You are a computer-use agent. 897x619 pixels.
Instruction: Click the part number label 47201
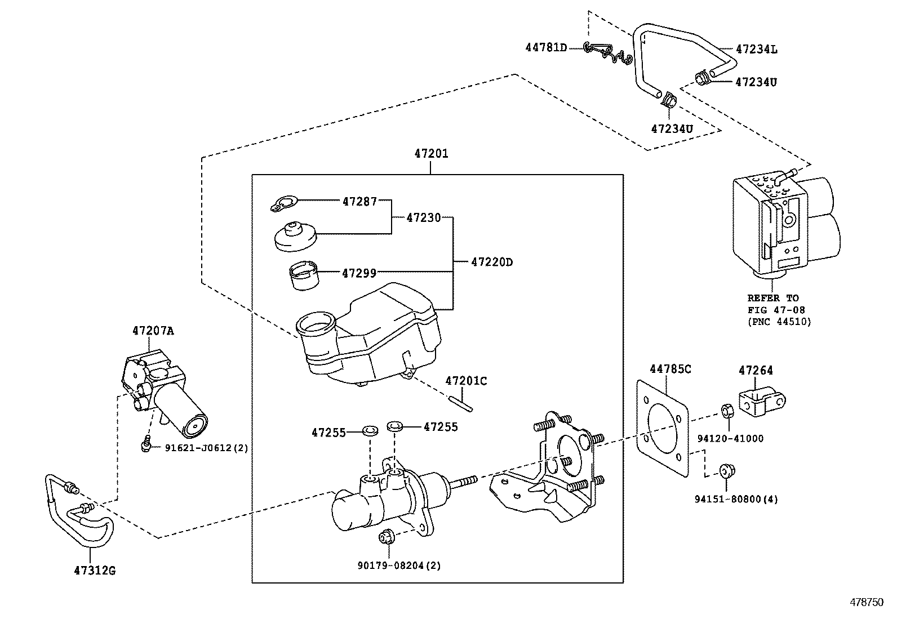(x=431, y=153)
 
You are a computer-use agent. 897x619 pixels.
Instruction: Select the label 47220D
(x=491, y=262)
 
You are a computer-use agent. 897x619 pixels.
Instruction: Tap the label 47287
(x=359, y=201)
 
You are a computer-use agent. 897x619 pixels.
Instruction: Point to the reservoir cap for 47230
(x=295, y=236)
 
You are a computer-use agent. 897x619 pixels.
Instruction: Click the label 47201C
(x=466, y=381)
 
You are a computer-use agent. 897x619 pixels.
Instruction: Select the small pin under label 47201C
(x=462, y=404)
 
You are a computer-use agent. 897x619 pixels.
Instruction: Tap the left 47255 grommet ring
(x=370, y=433)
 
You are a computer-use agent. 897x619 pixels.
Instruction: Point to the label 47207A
(x=153, y=331)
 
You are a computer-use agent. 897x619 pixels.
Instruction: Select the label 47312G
(x=94, y=571)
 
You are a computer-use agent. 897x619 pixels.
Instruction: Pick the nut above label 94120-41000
(x=727, y=411)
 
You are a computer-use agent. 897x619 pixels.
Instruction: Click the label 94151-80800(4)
(x=736, y=499)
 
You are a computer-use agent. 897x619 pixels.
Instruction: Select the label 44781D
(x=545, y=47)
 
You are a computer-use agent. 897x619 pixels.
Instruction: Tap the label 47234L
(x=756, y=49)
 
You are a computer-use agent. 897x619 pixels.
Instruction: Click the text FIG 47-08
(x=776, y=310)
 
